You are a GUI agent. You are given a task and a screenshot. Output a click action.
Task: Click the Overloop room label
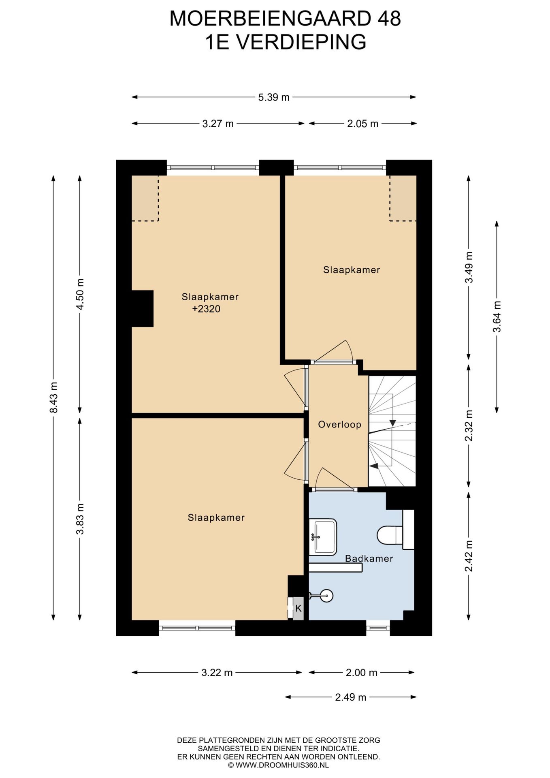pos(339,424)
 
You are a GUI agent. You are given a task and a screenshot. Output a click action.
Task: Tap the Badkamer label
pos(369,558)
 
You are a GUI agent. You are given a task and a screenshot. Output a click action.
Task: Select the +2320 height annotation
pos(206,309)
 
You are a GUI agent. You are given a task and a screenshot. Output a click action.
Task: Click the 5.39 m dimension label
pos(274,97)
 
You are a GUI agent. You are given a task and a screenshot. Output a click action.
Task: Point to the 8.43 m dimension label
pos(53,398)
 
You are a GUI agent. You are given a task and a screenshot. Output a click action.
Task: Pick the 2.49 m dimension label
pos(351,697)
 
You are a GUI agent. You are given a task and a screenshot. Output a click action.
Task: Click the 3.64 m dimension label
pos(497,317)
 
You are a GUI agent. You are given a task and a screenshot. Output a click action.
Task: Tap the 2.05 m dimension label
pos(362,124)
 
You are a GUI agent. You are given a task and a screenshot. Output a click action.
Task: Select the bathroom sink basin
pos(323,537)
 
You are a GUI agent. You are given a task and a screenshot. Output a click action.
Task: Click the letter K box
pos(298,608)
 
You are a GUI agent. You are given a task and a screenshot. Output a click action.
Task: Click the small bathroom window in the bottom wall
pos(378,628)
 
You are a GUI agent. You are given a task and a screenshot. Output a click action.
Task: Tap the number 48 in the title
pos(389,19)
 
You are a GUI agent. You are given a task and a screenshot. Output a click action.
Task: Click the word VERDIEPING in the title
pos(301,42)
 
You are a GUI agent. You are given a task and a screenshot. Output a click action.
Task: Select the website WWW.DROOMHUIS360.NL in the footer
pos(279,765)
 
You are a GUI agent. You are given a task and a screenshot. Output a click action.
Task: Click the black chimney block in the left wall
pos(142,308)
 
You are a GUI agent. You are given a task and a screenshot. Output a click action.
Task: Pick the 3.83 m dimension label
pos(80,519)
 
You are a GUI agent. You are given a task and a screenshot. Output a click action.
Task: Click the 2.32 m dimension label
pos(469,426)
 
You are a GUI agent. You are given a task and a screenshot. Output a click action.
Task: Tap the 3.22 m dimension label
pos(217,673)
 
